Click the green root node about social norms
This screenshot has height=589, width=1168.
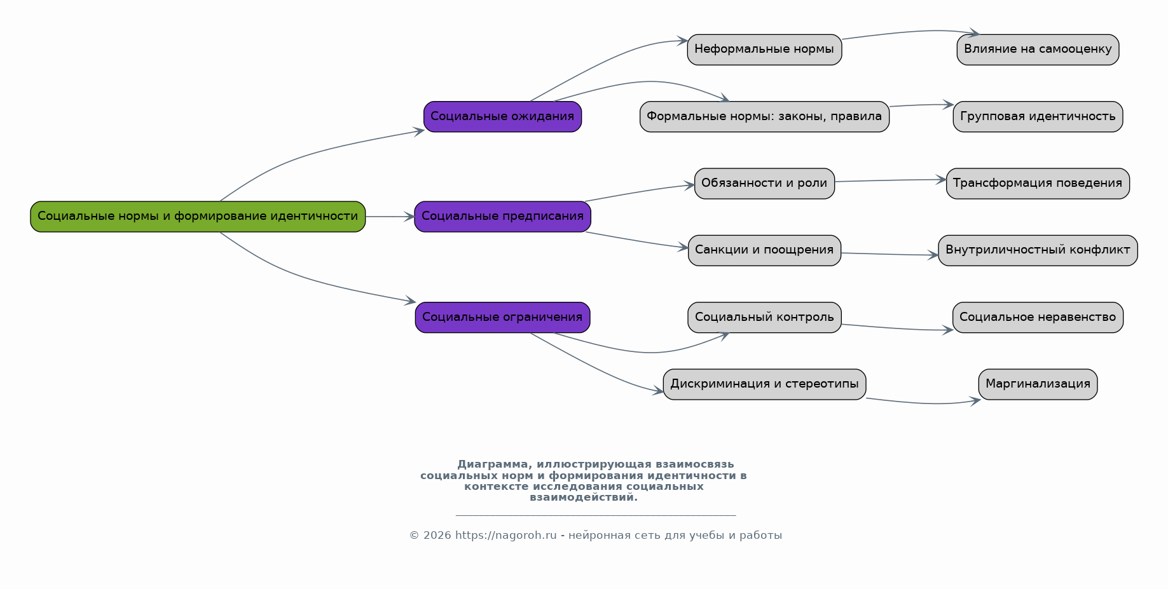198,217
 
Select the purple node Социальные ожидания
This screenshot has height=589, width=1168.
502,116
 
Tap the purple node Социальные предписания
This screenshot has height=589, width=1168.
502,217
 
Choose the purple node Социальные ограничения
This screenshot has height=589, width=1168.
502,317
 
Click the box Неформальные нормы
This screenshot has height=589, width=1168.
764,50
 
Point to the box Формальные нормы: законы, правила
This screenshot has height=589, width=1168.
764,116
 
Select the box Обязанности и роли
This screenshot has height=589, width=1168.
764,184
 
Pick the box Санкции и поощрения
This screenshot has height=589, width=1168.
764,250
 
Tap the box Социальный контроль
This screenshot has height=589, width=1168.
764,317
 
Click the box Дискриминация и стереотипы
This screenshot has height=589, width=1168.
764,384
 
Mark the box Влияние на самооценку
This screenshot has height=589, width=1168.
1038,50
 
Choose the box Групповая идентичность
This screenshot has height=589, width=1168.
1038,116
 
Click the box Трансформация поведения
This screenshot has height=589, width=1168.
1038,184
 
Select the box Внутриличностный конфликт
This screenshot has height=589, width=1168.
1038,250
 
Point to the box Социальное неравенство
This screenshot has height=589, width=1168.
1038,317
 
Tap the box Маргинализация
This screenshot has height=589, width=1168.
1038,384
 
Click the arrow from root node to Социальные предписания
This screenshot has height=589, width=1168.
390,217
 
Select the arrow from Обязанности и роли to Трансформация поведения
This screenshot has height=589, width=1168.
890,180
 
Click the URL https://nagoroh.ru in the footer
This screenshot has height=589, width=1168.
505,535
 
